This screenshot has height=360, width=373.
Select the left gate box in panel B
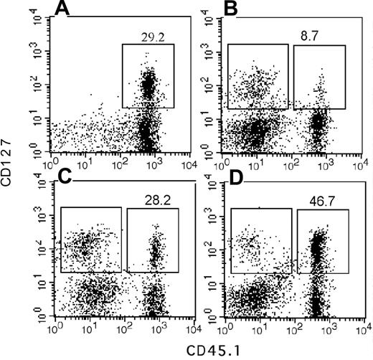(x=258, y=76)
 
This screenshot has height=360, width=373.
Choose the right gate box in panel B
(x=319, y=77)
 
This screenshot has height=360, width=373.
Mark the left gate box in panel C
(x=90, y=240)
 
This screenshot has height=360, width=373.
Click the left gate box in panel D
(x=260, y=240)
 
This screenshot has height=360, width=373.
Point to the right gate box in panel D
(x=322, y=241)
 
